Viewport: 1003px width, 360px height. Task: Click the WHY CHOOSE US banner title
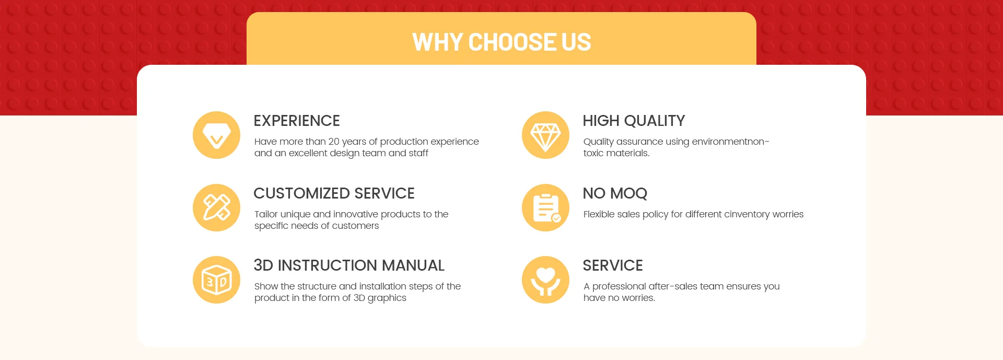pyautogui.click(x=501, y=42)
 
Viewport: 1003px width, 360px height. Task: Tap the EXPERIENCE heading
pyautogui.click(x=297, y=121)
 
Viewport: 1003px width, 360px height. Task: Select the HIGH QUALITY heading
pyautogui.click(x=634, y=121)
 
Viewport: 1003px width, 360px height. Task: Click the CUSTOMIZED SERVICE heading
pyautogui.click(x=334, y=193)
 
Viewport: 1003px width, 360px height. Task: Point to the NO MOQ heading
pyautogui.click(x=615, y=193)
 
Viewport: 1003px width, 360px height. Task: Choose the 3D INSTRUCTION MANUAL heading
pyautogui.click(x=349, y=265)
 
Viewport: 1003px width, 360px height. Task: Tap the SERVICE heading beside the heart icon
pyautogui.click(x=613, y=265)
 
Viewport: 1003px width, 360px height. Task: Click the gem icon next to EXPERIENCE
pyautogui.click(x=216, y=135)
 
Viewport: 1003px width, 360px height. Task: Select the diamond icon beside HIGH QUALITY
pyautogui.click(x=545, y=135)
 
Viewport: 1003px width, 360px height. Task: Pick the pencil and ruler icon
pyautogui.click(x=216, y=207)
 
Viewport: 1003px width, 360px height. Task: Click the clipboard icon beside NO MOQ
pyautogui.click(x=545, y=207)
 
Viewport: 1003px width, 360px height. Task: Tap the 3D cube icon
pyautogui.click(x=216, y=280)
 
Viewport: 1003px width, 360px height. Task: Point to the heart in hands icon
pyautogui.click(x=545, y=280)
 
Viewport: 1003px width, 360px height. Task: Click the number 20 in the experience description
pyautogui.click(x=334, y=142)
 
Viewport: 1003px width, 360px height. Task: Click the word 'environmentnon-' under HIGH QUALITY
pyautogui.click(x=730, y=142)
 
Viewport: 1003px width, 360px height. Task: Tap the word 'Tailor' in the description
pyautogui.click(x=266, y=214)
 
